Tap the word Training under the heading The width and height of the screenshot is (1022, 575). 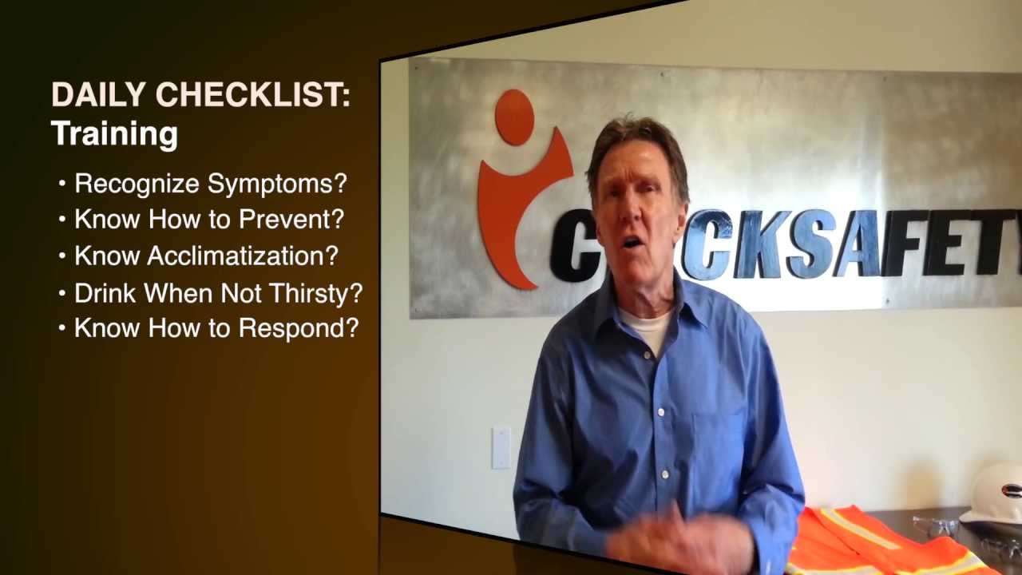114,133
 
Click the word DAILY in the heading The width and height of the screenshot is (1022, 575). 97,95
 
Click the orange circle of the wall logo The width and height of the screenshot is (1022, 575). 514,117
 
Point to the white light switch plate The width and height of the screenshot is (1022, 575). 501,447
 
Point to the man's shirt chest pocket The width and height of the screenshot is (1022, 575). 719,447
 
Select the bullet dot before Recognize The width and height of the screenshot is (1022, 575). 62,184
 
